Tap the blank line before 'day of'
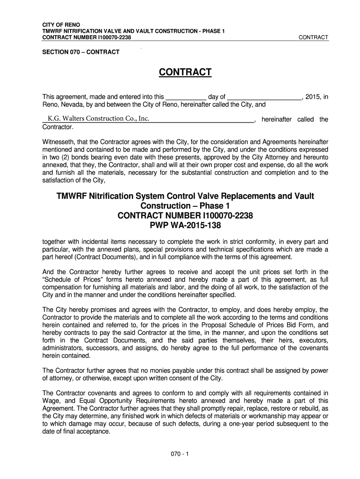186,97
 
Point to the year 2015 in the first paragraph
313,97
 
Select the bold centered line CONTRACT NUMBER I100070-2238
185,216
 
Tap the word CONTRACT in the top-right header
313,37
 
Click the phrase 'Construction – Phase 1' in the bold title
185,206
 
